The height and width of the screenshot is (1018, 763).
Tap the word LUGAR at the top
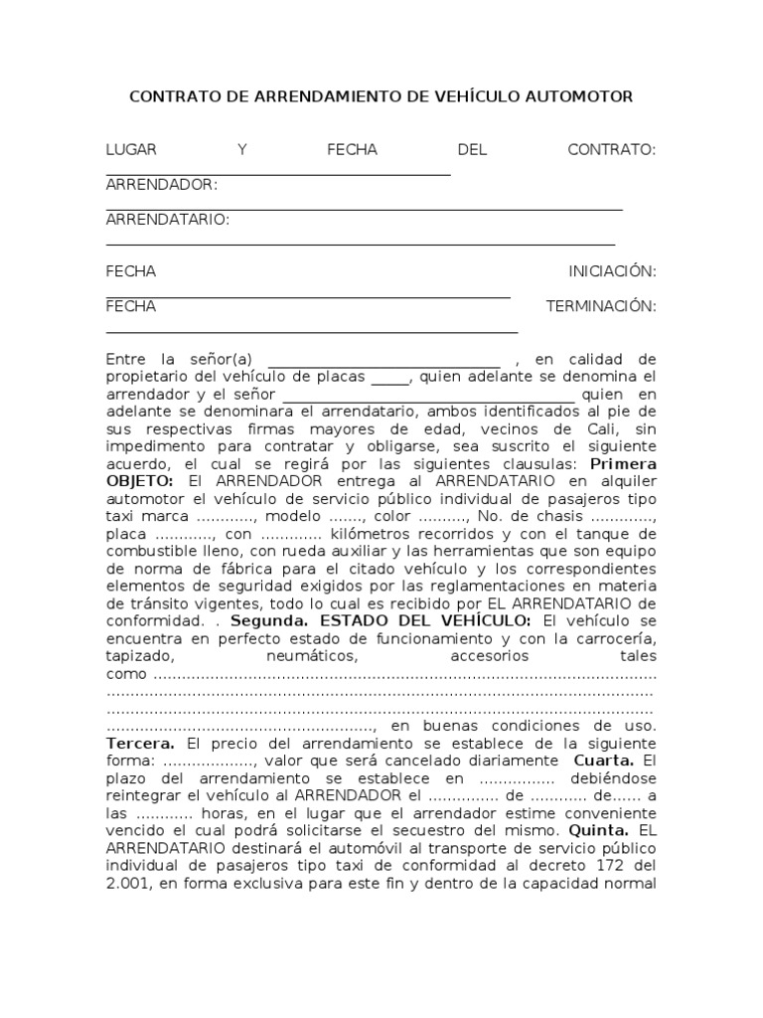tap(131, 149)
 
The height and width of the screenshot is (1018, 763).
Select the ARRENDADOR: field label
tap(161, 184)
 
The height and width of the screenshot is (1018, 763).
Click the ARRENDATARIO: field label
tap(167, 219)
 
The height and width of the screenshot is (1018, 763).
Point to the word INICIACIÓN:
tap(612, 271)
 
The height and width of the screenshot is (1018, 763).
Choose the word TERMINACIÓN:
tap(601, 306)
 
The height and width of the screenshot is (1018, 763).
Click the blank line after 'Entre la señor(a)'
tap(385, 359)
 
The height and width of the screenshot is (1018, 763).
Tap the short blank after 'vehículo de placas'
tap(389, 377)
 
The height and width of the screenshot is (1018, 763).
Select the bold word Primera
tap(623, 463)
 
